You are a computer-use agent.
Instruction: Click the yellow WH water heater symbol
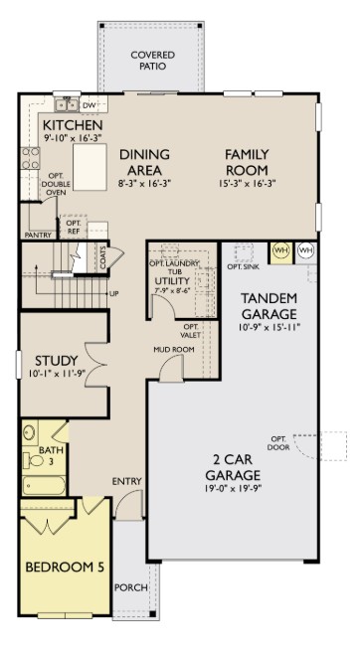pyautogui.click(x=280, y=250)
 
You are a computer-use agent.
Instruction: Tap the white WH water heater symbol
pyautogui.click(x=305, y=250)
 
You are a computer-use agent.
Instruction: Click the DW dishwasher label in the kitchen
pyautogui.click(x=89, y=104)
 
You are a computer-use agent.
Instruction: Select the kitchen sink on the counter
pyautogui.click(x=66, y=103)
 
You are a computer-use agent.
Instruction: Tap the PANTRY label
pyautogui.click(x=37, y=236)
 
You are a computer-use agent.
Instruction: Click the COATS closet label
pyautogui.click(x=103, y=257)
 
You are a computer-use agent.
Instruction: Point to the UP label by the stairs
pyautogui.click(x=114, y=294)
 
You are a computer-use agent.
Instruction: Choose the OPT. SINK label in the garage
pyautogui.click(x=243, y=267)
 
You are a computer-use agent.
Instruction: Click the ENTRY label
pyautogui.click(x=126, y=482)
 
